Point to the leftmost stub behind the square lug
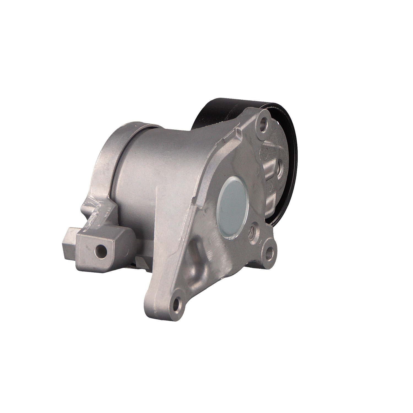[x=67, y=242]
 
